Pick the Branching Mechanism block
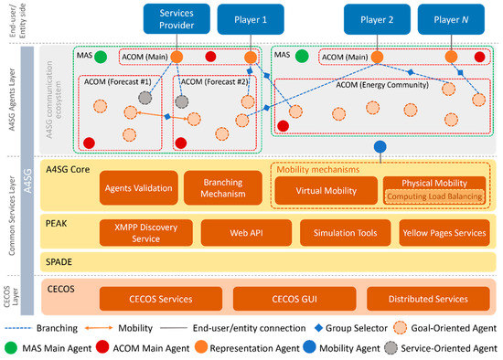pyautogui.click(x=220, y=188)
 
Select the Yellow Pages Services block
pyautogui.click(x=443, y=233)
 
